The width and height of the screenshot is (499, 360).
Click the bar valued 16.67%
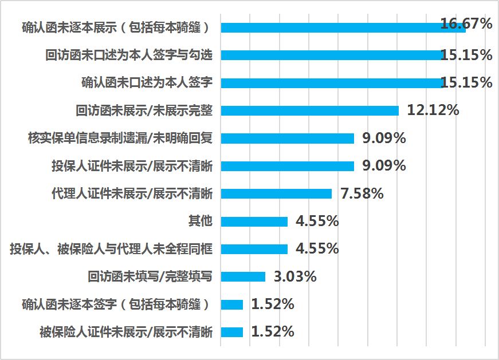pyautogui.click(x=343, y=27)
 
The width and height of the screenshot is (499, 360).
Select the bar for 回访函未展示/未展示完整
pyautogui.click(x=309, y=110)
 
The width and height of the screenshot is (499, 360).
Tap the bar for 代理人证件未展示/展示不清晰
pyautogui.click(x=276, y=193)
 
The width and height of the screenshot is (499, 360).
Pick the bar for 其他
pyautogui.click(x=254, y=221)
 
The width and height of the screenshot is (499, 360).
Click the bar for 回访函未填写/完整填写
pyautogui.click(x=243, y=276)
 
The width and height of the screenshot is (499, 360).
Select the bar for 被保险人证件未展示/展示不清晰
pyautogui.click(x=232, y=332)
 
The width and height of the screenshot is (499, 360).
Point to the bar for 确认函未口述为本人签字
pyautogui.click(x=332, y=83)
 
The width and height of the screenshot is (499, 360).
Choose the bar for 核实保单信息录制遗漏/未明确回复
pyautogui.click(x=287, y=138)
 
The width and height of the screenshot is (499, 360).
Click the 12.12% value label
pyautogui.click(x=433, y=110)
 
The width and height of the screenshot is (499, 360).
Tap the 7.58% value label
pyautogui.click(x=362, y=193)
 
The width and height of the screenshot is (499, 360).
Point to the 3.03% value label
pyautogui.click(x=295, y=276)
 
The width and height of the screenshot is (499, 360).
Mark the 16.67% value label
pyautogui.click(x=466, y=24)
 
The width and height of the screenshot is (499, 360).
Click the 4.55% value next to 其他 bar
pyautogui.click(x=317, y=221)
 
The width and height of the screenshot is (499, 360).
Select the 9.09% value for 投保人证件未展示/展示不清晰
pyautogui.click(x=384, y=166)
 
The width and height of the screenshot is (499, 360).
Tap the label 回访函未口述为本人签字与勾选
pyautogui.click(x=129, y=56)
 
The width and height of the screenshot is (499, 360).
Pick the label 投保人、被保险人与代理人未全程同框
pyautogui.click(x=111, y=249)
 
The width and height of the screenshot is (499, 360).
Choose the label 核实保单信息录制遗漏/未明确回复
pyautogui.click(x=120, y=138)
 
